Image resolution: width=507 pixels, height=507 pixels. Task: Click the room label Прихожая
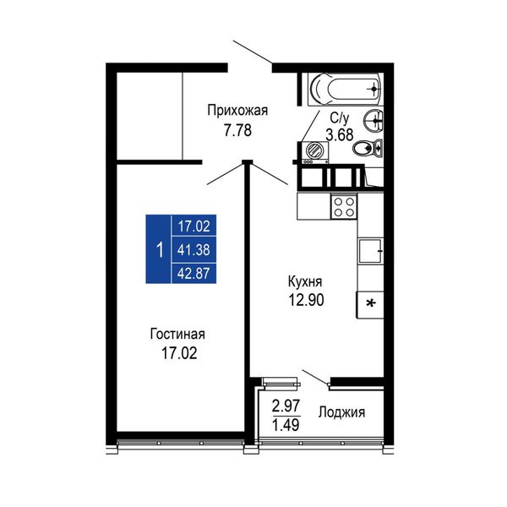237,111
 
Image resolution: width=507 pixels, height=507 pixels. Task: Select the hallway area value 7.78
238,130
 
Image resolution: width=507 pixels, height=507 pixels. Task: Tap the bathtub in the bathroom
345,89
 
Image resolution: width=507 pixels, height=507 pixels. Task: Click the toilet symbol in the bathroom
368,149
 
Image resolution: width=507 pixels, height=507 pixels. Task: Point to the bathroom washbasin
373,121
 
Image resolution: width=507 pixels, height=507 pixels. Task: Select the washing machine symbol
314,152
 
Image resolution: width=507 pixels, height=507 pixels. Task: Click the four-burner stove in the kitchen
344,207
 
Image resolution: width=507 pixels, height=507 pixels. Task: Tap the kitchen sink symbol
371,251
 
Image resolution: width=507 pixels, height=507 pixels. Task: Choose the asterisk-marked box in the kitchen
370,304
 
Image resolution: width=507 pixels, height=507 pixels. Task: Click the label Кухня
305,282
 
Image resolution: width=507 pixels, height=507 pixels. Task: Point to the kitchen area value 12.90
306,300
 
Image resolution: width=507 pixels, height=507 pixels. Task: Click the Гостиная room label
177,335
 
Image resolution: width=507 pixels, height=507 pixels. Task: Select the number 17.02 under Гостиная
179,353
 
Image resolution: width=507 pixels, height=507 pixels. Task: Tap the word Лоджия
341,412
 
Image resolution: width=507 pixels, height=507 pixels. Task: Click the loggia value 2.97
286,406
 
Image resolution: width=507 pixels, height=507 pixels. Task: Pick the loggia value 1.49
286,424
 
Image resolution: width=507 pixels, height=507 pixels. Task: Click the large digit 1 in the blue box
160,250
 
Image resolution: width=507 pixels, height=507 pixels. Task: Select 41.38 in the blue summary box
194,250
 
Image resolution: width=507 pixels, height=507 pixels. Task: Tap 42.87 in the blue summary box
194,274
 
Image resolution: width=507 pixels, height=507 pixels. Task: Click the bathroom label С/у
340,118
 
